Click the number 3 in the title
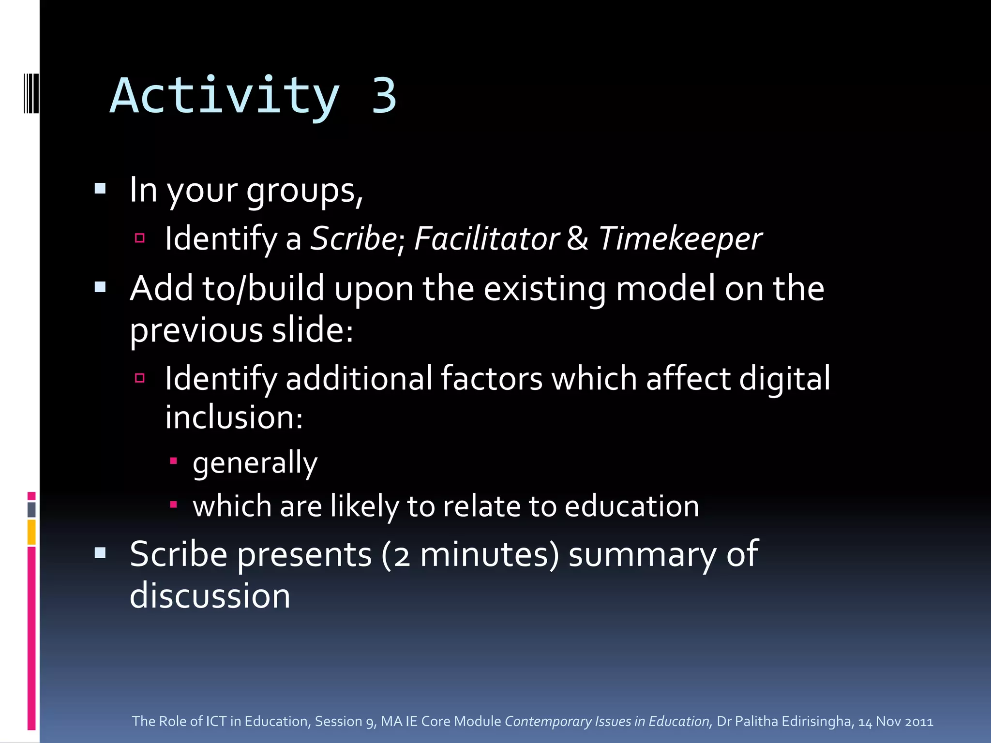pos(384,96)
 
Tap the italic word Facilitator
pos(486,238)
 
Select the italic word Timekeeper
pos(680,239)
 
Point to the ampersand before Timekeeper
pos(577,238)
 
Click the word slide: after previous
pos(313,330)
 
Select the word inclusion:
pos(234,417)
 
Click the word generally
pos(255,463)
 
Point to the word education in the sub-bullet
pos(631,506)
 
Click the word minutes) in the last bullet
pos(489,554)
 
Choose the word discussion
pos(210,596)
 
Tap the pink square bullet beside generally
pos(173,461)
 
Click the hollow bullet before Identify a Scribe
pos(140,238)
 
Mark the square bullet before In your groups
pos(100,189)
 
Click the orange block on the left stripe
pos(31,532)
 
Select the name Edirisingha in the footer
pos(816,721)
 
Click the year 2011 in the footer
pos(919,722)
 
